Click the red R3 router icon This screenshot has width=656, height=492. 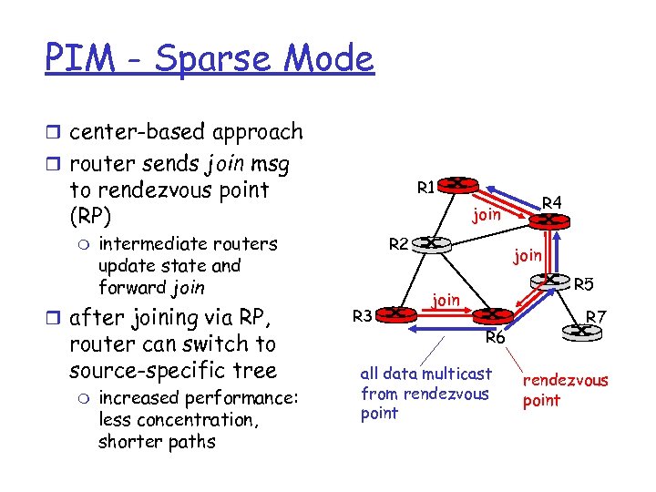click(397, 313)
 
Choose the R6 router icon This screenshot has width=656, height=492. click(492, 315)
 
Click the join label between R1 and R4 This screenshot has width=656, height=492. click(487, 215)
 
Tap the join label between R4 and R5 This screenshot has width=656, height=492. click(527, 256)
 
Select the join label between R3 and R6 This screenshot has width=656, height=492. click(445, 298)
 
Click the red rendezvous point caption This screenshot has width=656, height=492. click(564, 391)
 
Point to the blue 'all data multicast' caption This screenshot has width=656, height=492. click(425, 393)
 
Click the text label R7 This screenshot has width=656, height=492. click(597, 317)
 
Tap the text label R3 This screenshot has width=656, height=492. click(362, 316)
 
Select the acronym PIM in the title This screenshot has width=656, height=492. click(79, 59)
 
